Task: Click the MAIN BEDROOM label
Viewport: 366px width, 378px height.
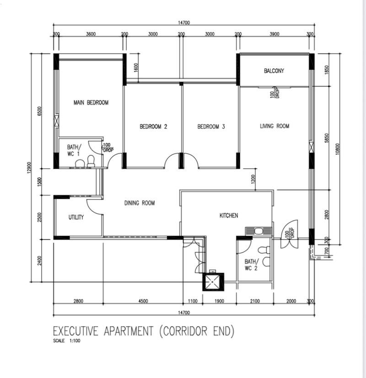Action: click(x=91, y=103)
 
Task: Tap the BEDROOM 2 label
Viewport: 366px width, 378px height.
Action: click(x=153, y=127)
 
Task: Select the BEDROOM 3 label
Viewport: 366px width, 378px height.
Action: click(x=211, y=127)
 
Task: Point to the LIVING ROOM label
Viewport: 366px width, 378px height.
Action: click(x=274, y=126)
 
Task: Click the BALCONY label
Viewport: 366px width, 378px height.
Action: click(x=274, y=71)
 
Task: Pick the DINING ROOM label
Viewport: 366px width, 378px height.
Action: click(x=140, y=203)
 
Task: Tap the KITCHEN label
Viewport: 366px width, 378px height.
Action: click(x=229, y=215)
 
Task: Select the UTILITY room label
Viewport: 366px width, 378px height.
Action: click(x=76, y=217)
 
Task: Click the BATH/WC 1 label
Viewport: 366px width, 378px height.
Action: click(x=74, y=150)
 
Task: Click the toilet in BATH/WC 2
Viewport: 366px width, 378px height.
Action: click(x=263, y=250)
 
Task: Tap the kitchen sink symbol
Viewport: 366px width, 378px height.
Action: click(x=258, y=231)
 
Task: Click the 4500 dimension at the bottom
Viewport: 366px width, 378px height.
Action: click(x=143, y=301)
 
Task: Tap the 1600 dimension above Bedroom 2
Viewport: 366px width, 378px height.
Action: click(x=136, y=68)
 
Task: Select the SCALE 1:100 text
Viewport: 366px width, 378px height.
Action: click(x=67, y=341)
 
